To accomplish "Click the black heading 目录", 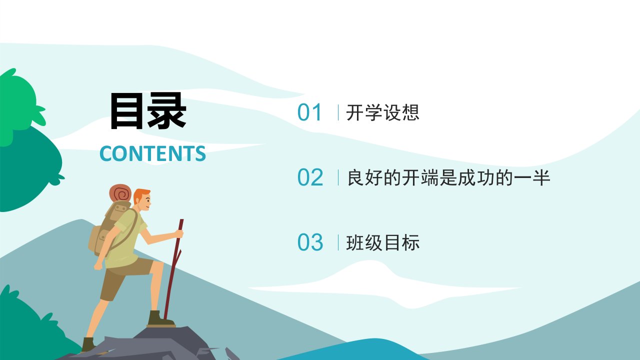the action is [x=148, y=111].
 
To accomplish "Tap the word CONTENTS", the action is [x=152, y=153].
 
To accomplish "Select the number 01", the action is [x=309, y=112].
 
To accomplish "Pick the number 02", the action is [x=310, y=177].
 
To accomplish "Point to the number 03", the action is [x=310, y=242].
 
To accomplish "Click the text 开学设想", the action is [x=382, y=112].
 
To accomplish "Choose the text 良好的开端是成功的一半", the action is [x=448, y=177].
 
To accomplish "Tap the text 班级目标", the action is [x=382, y=242].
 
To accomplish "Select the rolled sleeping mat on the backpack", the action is [x=120, y=193].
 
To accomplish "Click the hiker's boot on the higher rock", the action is [x=159, y=318].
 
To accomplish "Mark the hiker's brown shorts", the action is [x=123, y=277].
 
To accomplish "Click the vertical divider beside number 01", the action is [x=338, y=112].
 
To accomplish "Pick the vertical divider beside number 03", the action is [x=338, y=242].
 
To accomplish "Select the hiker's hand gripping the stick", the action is [x=179, y=234].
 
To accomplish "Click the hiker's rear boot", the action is [x=88, y=344].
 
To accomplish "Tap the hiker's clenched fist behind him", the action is [x=97, y=265].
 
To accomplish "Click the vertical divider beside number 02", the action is [x=338, y=177].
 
